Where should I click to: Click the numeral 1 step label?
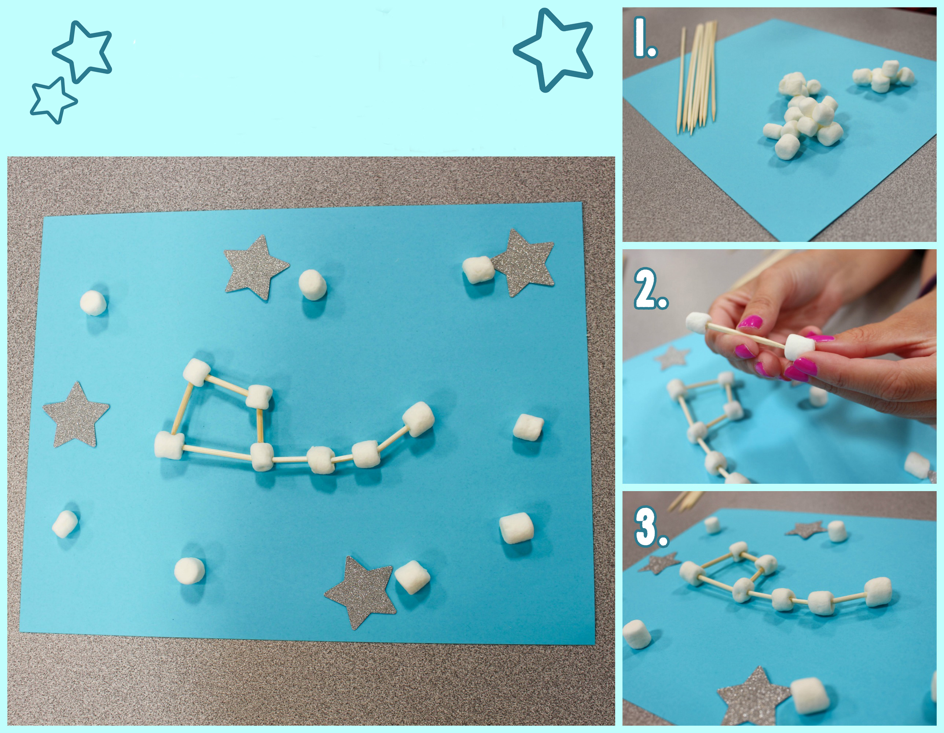(x=645, y=38)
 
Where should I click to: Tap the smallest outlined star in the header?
(x=53, y=100)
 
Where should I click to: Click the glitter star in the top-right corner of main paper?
(x=524, y=263)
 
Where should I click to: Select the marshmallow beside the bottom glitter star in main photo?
(x=412, y=577)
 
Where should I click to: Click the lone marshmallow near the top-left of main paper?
(x=93, y=303)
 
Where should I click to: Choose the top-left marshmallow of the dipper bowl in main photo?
(x=196, y=372)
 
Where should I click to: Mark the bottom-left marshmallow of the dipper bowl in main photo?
(x=169, y=445)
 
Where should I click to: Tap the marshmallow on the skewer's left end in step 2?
(x=698, y=323)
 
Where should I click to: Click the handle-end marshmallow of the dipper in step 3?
(x=878, y=592)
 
